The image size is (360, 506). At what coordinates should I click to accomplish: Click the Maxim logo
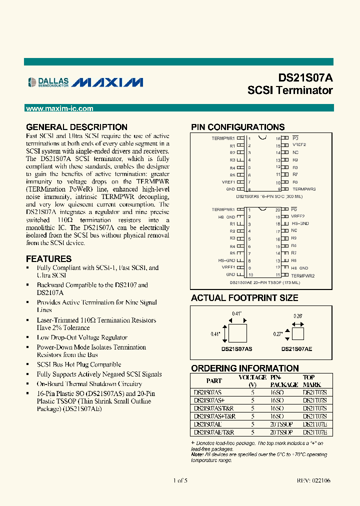coord(107,82)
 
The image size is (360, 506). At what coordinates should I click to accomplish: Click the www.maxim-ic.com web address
coord(59,108)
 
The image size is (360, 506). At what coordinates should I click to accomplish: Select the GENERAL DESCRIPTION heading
coord(76,127)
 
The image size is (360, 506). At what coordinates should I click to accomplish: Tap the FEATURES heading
coord(48,259)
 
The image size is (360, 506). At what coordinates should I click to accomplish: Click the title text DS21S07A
coord(305,78)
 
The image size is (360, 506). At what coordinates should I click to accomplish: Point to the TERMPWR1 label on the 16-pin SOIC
coord(223,137)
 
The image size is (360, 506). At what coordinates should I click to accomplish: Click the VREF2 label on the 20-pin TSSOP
coord(298,216)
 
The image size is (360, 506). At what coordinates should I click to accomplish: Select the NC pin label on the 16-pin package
coord(295,152)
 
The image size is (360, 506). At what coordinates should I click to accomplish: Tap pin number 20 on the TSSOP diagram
coord(278,209)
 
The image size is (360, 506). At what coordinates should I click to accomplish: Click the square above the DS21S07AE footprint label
coord(297,332)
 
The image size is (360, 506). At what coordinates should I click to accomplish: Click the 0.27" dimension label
coord(278,332)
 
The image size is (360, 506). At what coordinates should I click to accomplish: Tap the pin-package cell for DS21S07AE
coord(280,424)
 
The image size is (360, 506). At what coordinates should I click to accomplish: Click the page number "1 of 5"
coord(180,480)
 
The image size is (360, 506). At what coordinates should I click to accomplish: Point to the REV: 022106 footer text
coord(313,480)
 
